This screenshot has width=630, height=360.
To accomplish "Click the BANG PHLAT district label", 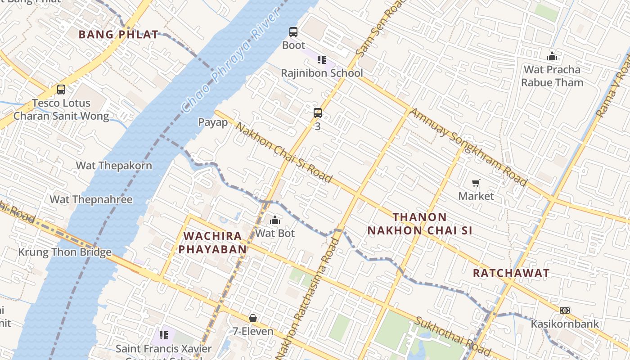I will tap(118, 34).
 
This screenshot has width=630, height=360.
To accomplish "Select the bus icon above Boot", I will tap(293, 32).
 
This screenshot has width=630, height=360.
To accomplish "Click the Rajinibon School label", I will tap(322, 73).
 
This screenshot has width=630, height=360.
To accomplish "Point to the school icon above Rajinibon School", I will tap(321, 59).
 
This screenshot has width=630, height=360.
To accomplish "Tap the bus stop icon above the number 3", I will tap(318, 113).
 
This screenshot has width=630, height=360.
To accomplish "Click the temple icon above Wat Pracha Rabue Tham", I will tap(552, 56).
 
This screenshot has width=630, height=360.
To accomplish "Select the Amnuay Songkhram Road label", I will tap(468, 147).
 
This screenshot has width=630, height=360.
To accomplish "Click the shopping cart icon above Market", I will tap(476, 183).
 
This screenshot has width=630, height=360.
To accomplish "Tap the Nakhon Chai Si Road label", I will tap(284, 153).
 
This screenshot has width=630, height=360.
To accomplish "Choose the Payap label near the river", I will tap(213, 122).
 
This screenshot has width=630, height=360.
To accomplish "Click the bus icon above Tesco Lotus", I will tap(61, 90).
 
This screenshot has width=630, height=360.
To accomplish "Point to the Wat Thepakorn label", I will tap(114, 166).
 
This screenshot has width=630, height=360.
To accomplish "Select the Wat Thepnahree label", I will tap(91, 199).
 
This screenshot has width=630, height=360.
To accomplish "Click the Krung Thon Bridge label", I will tap(65, 252).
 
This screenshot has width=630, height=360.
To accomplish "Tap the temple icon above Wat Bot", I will tap(275, 220).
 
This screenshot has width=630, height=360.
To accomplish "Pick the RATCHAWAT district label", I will tap(511, 273).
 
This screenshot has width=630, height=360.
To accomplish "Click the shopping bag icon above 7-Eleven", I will tap(253, 318).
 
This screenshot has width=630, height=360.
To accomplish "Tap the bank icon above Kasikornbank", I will tap(565, 310).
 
